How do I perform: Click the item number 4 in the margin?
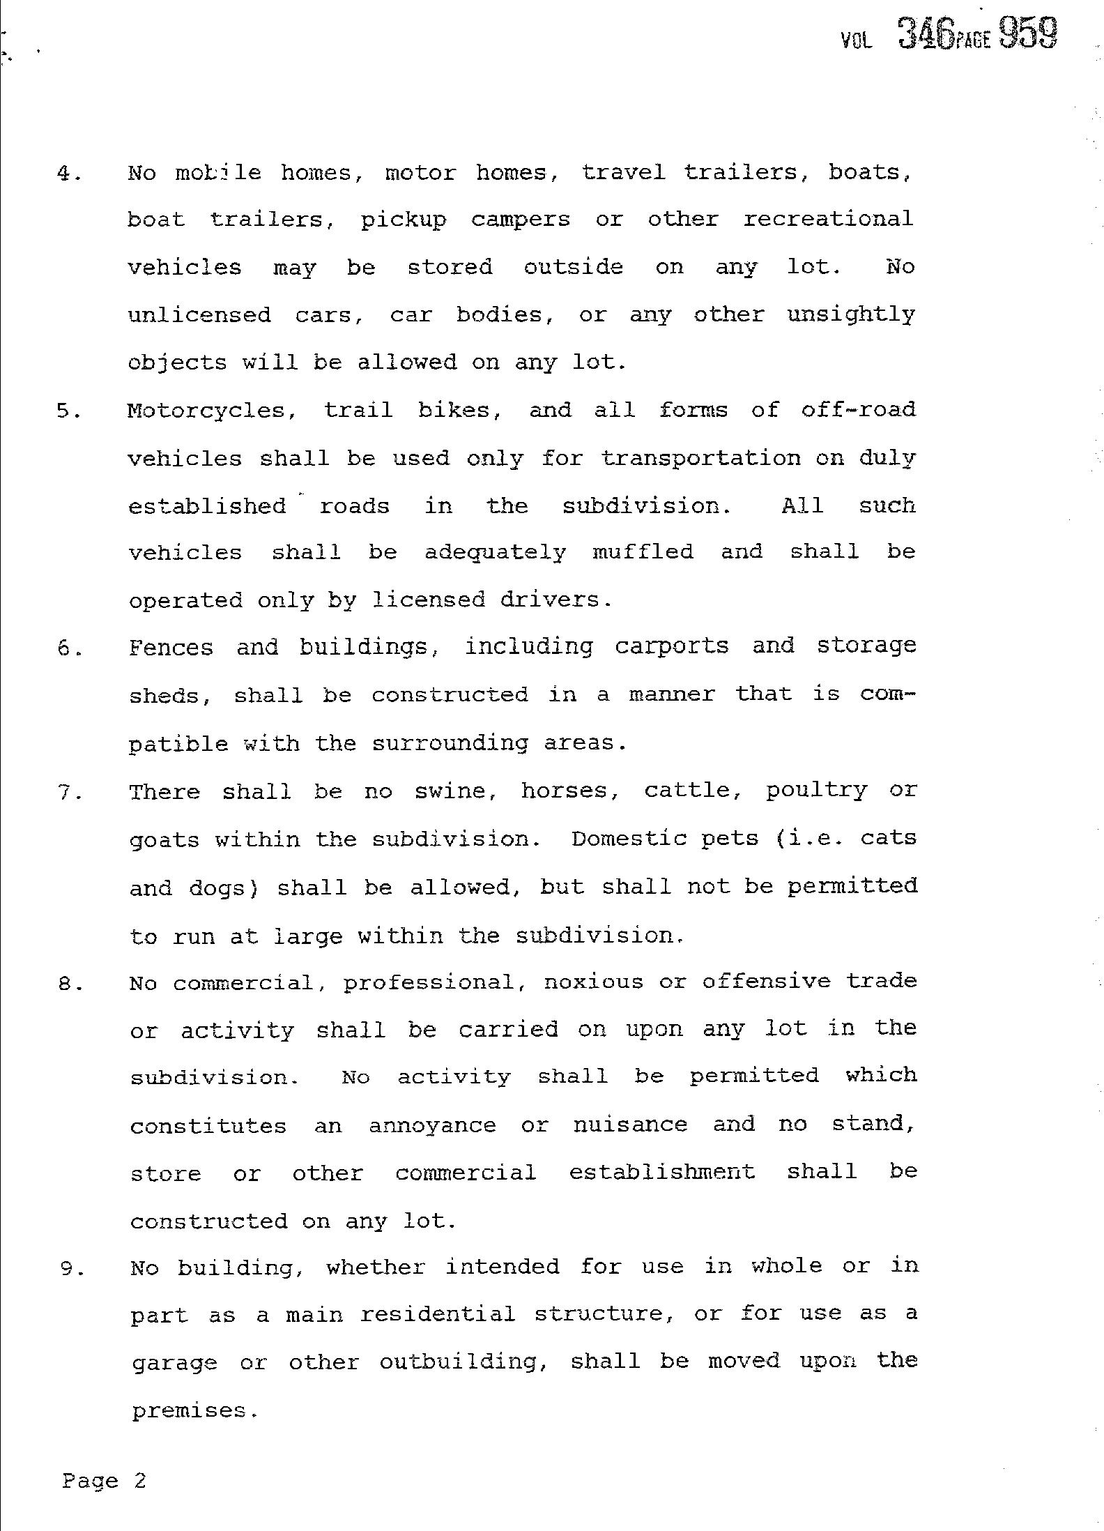click(x=68, y=174)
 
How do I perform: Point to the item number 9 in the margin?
click(x=71, y=1269)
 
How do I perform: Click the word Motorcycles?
click(x=206, y=411)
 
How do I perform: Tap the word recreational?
click(x=828, y=220)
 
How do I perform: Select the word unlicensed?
click(x=199, y=315)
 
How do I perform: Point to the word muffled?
click(x=643, y=552)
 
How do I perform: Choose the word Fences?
click(x=171, y=648)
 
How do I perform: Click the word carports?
click(x=671, y=647)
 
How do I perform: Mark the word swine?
click(x=451, y=791)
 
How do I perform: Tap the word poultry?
click(x=816, y=791)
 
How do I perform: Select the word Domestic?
click(x=629, y=839)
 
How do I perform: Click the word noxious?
click(x=593, y=982)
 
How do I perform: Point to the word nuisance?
click(x=630, y=1125)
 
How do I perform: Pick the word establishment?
click(x=661, y=1172)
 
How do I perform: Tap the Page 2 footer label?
click(x=104, y=1480)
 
